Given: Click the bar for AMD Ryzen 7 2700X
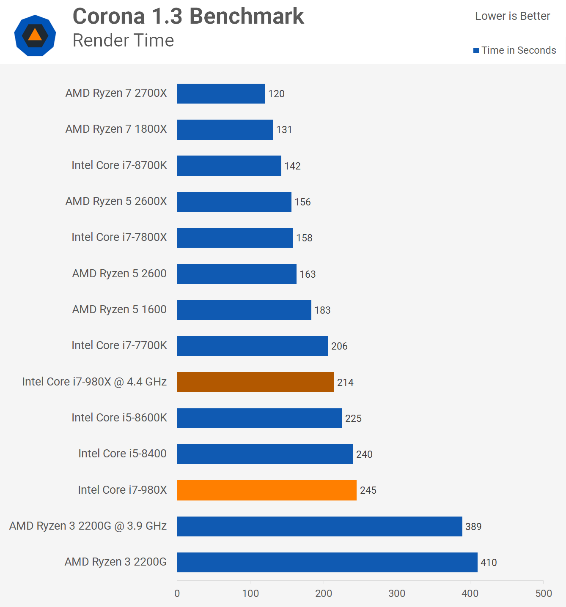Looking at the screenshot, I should point(221,93).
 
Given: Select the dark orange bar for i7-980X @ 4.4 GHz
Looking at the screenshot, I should point(255,382).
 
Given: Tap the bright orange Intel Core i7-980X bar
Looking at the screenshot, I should point(267,490).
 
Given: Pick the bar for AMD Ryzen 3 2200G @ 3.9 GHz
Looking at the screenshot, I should point(319,526).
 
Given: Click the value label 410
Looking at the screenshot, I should point(489,563).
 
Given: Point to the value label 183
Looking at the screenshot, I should point(322,310).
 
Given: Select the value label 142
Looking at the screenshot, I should point(292,166).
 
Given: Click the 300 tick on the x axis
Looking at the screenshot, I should point(397,593).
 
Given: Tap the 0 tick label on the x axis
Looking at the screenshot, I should point(177,593).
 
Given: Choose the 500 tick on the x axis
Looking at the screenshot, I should point(544,593).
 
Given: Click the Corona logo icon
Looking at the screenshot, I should point(35,36).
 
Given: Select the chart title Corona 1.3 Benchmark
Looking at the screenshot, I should point(188,16).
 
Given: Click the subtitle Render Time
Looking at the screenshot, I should point(123,41).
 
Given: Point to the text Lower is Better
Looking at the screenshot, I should point(512,16).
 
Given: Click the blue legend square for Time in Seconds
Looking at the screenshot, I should point(476,51).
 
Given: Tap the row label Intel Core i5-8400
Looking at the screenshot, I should point(122,454).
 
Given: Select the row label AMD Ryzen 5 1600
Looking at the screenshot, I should point(119,309).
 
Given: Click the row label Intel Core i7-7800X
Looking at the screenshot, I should point(119,237).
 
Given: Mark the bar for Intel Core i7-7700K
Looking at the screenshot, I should point(253,346).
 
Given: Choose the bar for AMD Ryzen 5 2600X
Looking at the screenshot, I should point(234,202).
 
